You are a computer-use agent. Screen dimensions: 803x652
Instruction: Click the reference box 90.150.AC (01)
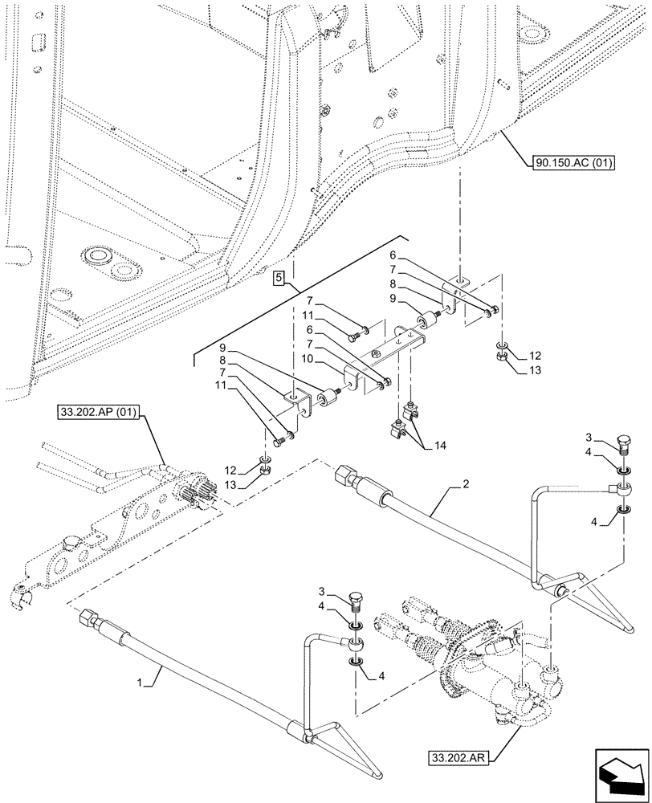coord(573,164)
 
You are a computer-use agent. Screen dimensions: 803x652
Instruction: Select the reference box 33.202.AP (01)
coord(99,414)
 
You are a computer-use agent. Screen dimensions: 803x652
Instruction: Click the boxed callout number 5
coord(278,278)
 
